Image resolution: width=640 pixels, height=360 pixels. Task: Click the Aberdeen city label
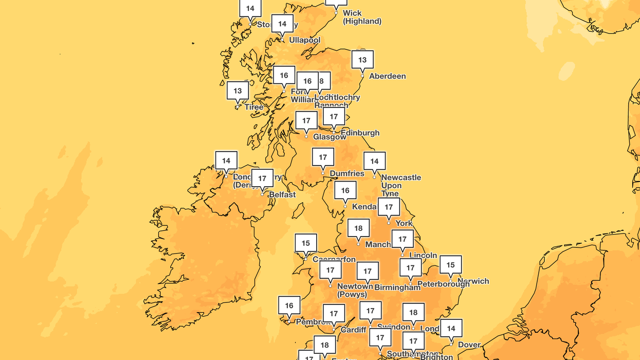coord(388,76)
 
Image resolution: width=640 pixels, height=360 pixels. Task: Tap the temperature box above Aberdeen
coord(362,60)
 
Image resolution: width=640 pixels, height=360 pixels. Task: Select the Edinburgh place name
coord(360,133)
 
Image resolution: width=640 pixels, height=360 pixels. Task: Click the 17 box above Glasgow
coord(306,121)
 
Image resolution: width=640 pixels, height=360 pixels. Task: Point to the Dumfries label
coord(347,173)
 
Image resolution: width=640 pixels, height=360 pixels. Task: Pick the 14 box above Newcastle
coord(374,161)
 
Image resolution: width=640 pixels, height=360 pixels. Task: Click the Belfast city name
coord(282,195)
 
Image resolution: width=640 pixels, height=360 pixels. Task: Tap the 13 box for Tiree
coord(237,91)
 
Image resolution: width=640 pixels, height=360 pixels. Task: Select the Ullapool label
coord(304,40)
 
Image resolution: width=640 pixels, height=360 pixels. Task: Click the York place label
coord(404,223)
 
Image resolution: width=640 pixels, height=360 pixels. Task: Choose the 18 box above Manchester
coord(358,228)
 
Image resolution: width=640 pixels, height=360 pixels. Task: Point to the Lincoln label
coord(423,255)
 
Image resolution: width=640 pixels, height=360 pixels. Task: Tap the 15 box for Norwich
coord(450,265)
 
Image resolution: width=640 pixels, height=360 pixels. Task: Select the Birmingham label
coord(397,287)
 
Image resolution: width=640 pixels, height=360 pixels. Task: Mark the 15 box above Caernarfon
coord(306,243)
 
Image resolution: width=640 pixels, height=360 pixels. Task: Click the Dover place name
coord(469,345)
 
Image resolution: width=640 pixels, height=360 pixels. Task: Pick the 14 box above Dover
coord(451,329)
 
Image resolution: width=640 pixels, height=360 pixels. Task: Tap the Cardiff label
coord(354,330)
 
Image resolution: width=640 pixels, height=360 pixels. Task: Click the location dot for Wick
coord(336,13)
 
